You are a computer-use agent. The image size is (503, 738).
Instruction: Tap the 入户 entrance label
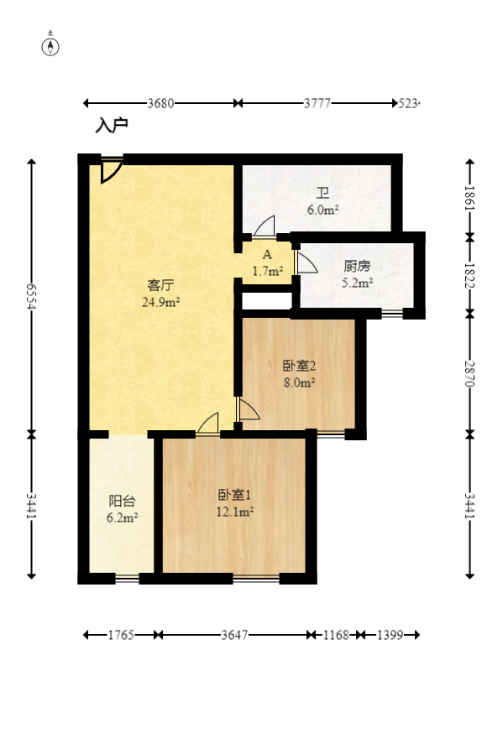(x=111, y=126)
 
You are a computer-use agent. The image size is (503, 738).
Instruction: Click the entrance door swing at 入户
(x=110, y=170)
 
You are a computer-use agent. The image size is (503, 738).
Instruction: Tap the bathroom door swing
(x=265, y=227)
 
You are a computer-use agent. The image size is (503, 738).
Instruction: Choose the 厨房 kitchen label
(x=357, y=266)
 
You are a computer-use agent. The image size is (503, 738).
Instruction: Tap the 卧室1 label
(x=234, y=495)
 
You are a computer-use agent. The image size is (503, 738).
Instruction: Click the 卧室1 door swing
(x=208, y=424)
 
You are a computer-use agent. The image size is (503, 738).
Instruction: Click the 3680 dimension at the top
(x=160, y=103)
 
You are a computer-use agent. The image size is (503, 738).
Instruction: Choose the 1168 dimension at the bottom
(x=336, y=636)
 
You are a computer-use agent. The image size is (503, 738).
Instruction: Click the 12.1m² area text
(x=235, y=511)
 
